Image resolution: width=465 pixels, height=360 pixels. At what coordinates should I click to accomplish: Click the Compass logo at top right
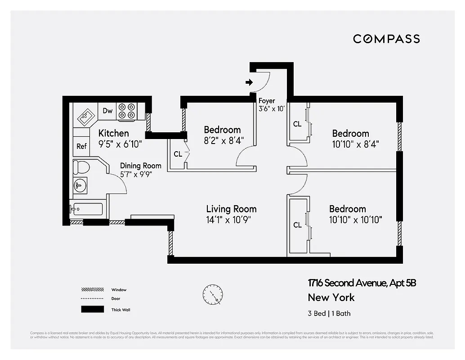(x=386, y=39)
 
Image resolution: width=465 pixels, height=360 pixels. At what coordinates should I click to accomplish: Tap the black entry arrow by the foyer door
(x=249, y=82)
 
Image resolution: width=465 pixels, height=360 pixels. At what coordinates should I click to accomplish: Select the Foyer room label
(x=267, y=101)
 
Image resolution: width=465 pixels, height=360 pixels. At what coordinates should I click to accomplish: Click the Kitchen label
(x=113, y=133)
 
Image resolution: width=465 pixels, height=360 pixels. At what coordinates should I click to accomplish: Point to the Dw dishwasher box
(x=107, y=111)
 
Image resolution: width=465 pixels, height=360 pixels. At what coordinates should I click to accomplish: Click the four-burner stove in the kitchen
(x=126, y=111)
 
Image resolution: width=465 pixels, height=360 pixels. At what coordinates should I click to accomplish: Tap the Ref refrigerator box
(x=81, y=146)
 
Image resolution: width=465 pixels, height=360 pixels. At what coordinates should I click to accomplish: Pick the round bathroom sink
(x=80, y=185)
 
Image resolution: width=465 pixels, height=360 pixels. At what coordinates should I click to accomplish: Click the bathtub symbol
(x=86, y=209)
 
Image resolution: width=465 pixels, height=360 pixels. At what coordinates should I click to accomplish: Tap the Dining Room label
(x=140, y=166)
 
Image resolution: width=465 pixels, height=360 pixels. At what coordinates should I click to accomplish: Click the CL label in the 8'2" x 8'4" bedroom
(x=178, y=154)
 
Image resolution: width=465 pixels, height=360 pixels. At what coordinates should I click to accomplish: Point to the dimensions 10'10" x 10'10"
(x=355, y=220)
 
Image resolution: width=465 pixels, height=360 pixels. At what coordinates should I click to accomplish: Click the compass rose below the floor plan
(x=212, y=294)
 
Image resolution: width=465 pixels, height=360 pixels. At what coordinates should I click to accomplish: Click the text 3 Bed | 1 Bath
(x=329, y=313)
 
